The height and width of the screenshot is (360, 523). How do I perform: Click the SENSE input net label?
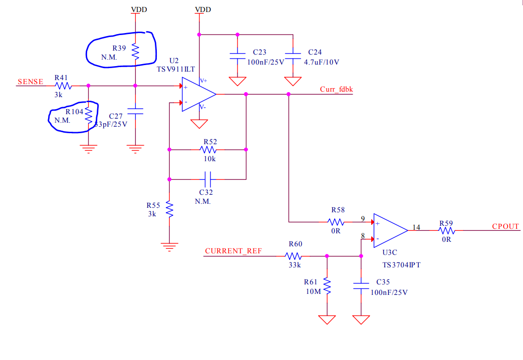pyautogui.click(x=30, y=82)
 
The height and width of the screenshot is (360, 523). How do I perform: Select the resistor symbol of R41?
pyautogui.click(x=64, y=86)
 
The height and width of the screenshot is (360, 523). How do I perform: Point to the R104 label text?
pyautogui.click(x=75, y=112)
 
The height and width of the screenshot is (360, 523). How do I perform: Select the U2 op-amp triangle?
pyautogui.click(x=197, y=94)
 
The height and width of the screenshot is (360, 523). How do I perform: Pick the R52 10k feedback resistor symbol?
pyautogui.click(x=208, y=149)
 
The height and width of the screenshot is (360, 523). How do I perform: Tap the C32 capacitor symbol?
pyautogui.click(x=208, y=178)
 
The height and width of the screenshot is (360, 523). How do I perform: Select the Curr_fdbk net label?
pyautogui.click(x=336, y=89)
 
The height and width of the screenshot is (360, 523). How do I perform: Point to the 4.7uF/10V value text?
pyautogui.click(x=322, y=62)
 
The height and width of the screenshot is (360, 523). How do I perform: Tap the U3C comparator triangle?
pyautogui.click(x=389, y=230)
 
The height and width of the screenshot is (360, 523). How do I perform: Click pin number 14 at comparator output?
pyautogui.click(x=416, y=227)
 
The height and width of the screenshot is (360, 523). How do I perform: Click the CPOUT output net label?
pyautogui.click(x=505, y=226)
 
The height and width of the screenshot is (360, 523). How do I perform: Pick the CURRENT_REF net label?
pyautogui.click(x=233, y=251)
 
